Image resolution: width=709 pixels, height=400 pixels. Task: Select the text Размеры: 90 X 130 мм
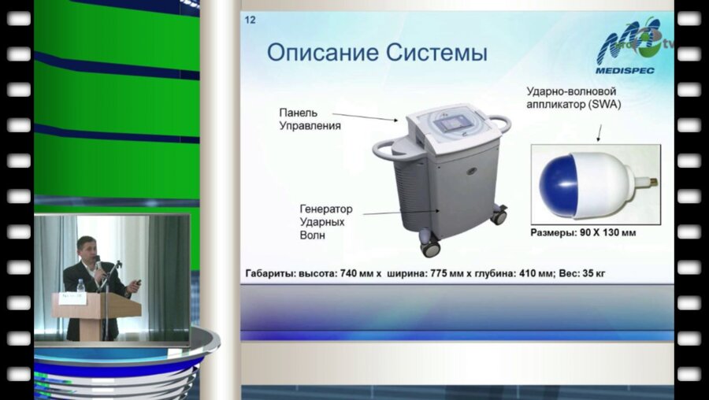pyautogui.click(x=583, y=234)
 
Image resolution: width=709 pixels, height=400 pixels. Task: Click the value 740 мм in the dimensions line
pyautogui.click(x=359, y=273)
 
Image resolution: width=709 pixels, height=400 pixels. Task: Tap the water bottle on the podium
pyautogui.click(x=80, y=287)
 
